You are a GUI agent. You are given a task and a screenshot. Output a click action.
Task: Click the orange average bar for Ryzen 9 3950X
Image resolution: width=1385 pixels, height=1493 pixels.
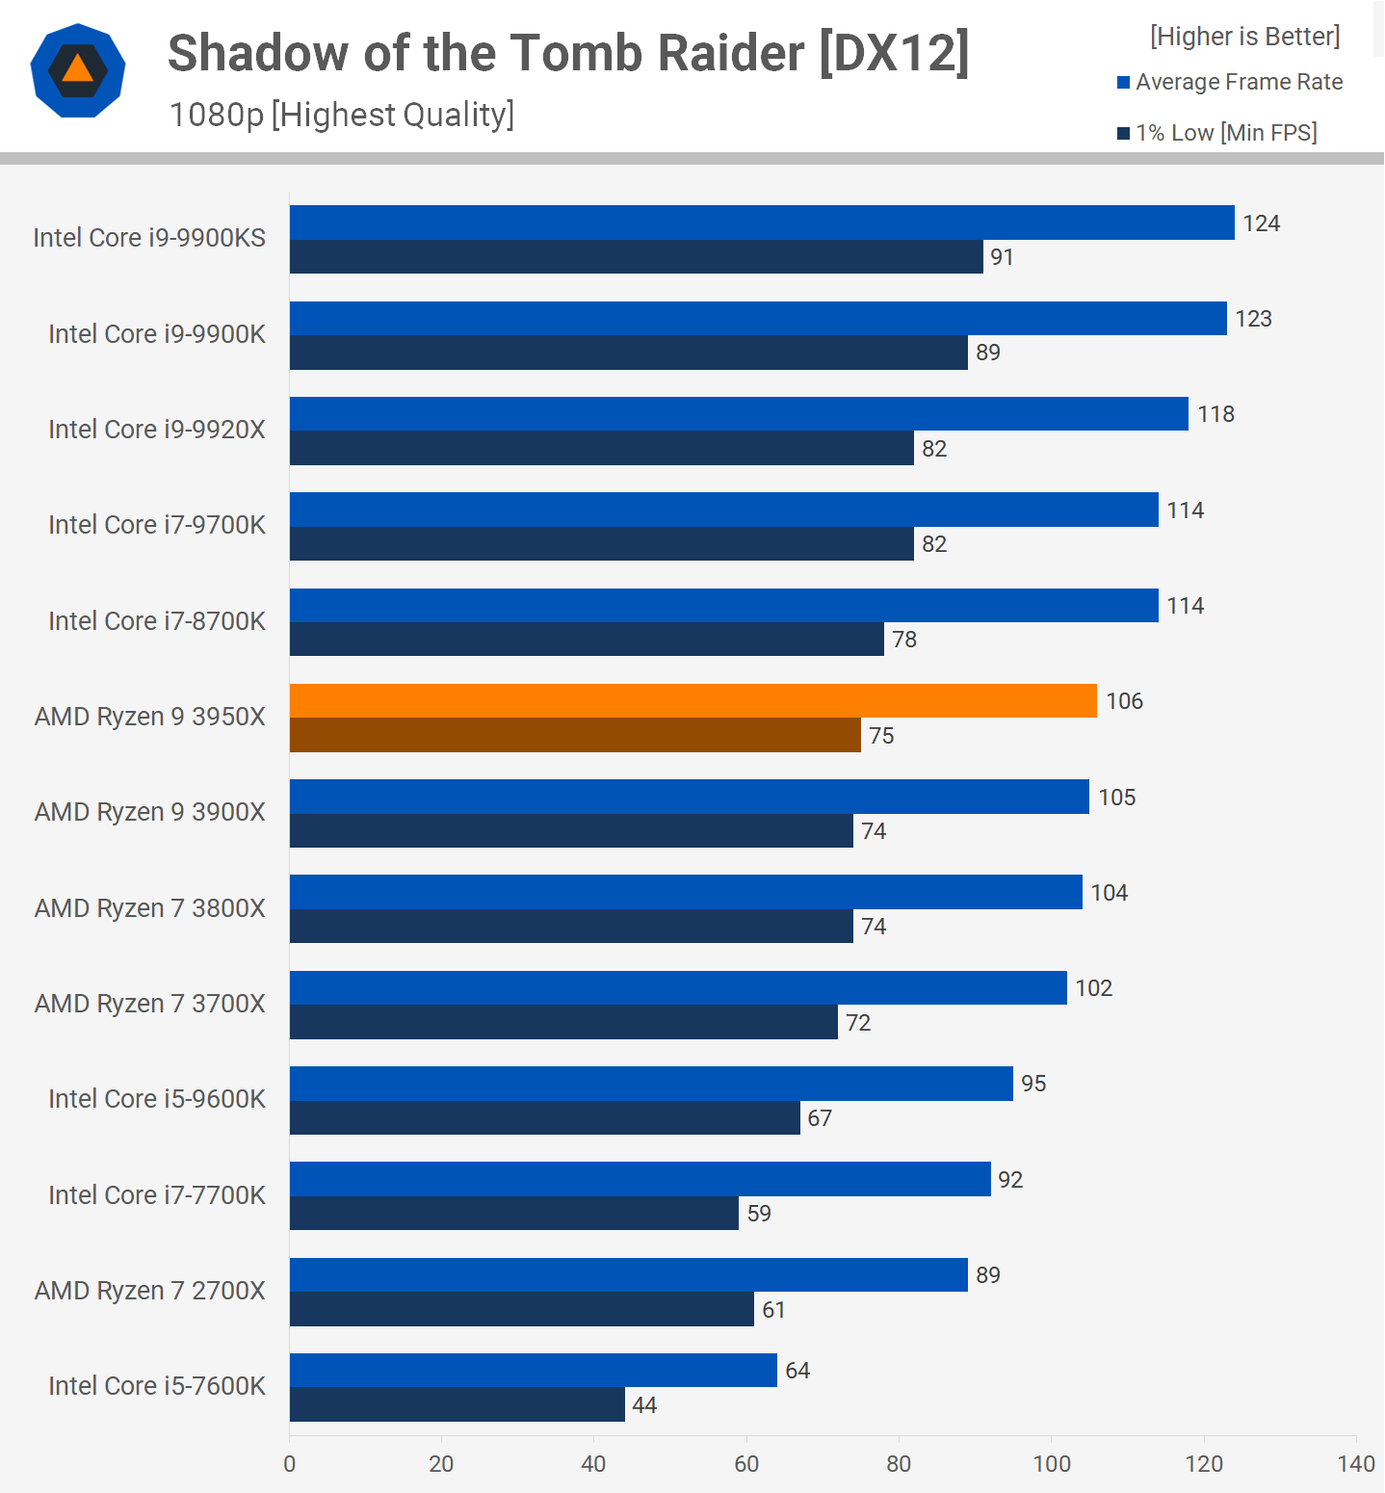point(692,700)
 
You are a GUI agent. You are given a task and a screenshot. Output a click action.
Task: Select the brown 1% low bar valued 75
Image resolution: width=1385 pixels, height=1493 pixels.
point(575,735)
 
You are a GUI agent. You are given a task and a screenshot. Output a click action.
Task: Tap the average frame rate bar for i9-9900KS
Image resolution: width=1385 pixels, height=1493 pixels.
point(761,223)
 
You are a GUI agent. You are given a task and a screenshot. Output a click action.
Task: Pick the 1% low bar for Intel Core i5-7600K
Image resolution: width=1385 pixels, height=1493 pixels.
point(457,1404)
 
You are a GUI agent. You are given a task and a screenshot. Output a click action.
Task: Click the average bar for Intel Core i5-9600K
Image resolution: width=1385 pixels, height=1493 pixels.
point(651,1084)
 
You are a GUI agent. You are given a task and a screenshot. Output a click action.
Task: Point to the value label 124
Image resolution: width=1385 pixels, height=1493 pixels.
point(1261,223)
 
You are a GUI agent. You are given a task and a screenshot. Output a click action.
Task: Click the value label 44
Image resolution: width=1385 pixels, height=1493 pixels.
point(644,1405)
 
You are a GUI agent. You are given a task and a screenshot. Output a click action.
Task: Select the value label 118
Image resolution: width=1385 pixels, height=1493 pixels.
point(1215,414)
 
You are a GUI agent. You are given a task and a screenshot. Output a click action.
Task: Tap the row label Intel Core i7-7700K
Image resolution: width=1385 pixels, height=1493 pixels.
point(157,1194)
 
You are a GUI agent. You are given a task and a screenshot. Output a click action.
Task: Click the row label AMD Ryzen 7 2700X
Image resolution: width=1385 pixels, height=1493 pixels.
point(149,1291)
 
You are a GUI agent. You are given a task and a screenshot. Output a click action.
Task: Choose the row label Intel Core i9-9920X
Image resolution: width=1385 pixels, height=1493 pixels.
point(157,429)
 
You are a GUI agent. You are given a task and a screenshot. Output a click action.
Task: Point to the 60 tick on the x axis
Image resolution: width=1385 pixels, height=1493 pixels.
point(746,1464)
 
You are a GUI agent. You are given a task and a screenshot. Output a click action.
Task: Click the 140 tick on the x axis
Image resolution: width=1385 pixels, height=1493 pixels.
point(1355,1464)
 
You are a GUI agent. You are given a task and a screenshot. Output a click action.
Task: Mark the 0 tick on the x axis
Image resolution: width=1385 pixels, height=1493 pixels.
point(290,1464)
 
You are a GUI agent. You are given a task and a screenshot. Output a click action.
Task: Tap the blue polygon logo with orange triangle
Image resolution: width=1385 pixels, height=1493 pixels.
point(78,70)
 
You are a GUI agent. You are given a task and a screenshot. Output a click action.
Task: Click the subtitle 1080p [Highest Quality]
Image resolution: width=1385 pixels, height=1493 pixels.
point(342,115)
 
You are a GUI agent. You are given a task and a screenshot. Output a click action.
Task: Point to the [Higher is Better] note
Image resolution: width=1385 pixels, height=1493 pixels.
point(1244,37)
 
